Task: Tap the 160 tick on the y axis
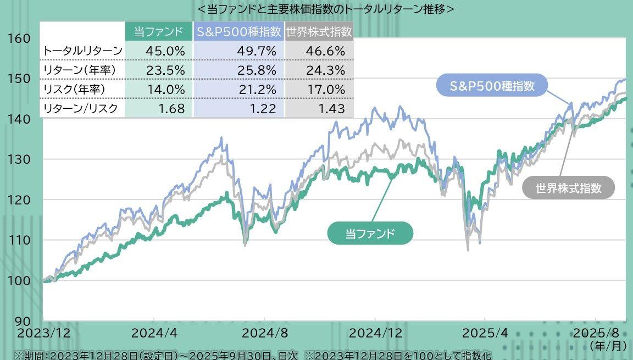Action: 19,38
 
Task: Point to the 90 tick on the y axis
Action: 19,320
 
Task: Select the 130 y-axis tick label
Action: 19,159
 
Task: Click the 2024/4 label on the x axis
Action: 154,333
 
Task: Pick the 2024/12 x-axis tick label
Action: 375,333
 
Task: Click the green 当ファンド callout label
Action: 370,234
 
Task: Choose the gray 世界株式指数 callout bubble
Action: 568,188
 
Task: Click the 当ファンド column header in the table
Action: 159,32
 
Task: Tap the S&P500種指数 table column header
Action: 238,32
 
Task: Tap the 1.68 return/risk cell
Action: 171,108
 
